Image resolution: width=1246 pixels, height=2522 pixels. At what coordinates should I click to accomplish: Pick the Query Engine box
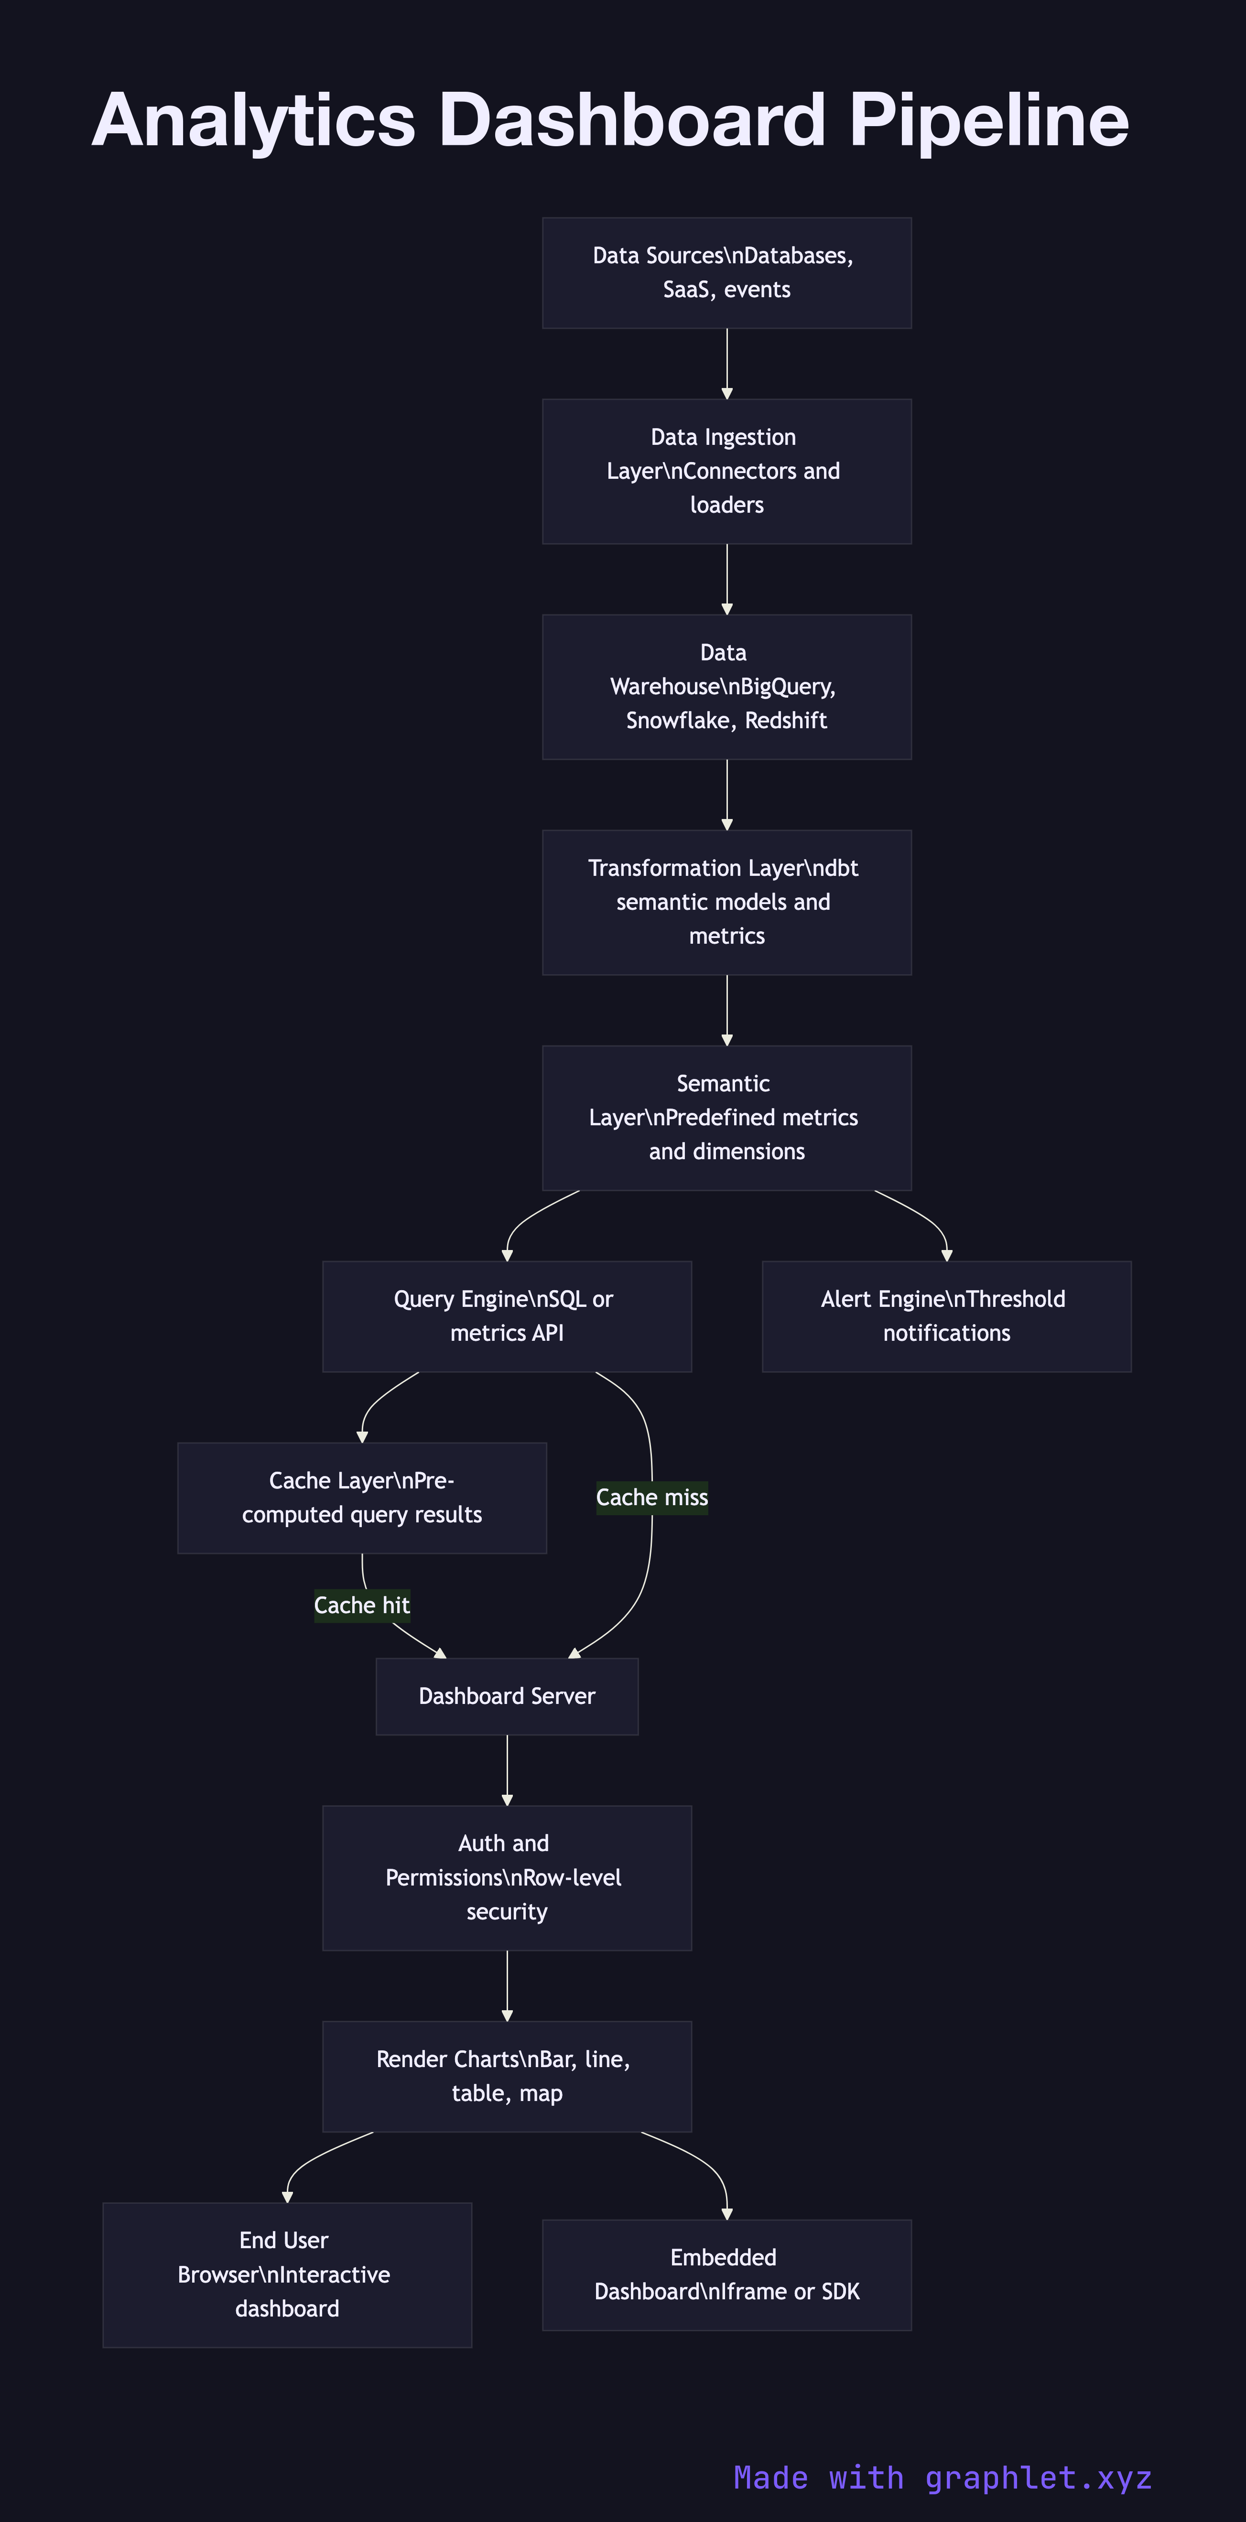[507, 1316]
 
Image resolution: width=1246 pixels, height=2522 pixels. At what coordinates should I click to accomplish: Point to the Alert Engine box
[946, 1316]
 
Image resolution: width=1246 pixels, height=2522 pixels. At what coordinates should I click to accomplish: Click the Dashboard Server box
[507, 1696]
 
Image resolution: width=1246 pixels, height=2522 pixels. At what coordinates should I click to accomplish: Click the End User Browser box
[287, 2274]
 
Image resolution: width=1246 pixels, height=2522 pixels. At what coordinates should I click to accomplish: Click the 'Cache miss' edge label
[651, 1497]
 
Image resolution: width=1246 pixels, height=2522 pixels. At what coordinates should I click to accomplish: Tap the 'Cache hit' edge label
[361, 1605]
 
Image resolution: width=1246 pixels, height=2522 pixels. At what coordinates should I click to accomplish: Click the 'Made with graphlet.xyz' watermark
[943, 2477]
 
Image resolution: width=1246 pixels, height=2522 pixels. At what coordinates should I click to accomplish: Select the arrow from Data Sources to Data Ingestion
[727, 362]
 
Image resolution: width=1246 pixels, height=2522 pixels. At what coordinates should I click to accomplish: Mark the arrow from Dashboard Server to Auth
[507, 1769]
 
